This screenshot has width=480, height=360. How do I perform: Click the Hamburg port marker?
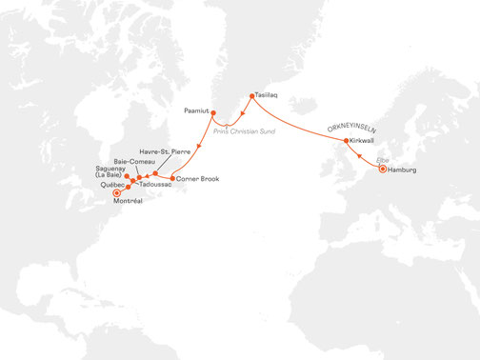(x=382, y=170)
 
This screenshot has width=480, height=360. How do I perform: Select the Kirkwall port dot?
(x=345, y=141)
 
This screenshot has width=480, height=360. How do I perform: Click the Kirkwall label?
(x=363, y=141)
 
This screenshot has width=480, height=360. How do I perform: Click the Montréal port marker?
(x=117, y=193)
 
